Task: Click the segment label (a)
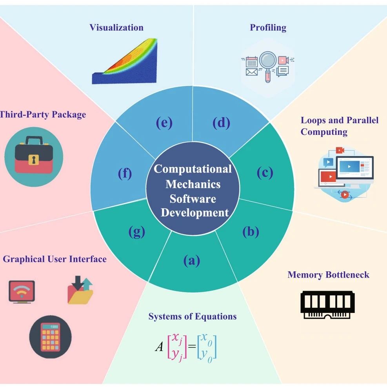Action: [x=192, y=261]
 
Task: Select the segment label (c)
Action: [x=265, y=172]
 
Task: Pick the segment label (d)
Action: [x=221, y=123]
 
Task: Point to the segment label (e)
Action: [x=164, y=123]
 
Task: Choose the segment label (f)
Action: [x=125, y=173]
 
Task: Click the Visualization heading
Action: [x=116, y=27]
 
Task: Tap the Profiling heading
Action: [x=268, y=27]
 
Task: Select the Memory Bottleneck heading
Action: [x=328, y=274]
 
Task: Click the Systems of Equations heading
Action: [x=193, y=316]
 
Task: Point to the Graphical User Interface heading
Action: [x=55, y=259]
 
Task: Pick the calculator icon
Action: [x=50, y=336]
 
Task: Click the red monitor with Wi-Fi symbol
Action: [x=22, y=291]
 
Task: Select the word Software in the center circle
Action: [x=193, y=198]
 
